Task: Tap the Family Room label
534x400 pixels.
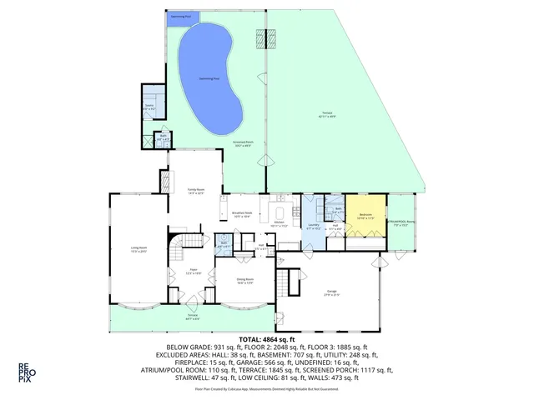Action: point(196,192)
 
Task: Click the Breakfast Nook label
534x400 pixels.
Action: point(242,214)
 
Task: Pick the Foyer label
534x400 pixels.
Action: point(192,272)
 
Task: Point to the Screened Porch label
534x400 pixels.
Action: point(244,144)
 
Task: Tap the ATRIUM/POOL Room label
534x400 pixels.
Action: point(401,222)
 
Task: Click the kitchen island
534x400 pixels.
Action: point(280,210)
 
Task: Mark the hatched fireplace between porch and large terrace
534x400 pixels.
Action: point(270,38)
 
